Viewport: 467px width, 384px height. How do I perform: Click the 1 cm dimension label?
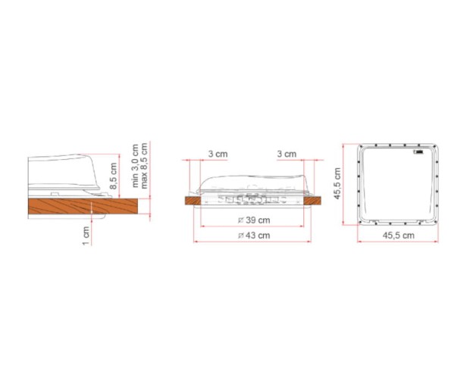(86, 236)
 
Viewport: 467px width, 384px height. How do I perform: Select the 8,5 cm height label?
(114, 176)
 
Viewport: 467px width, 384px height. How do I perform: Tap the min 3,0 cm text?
(135, 165)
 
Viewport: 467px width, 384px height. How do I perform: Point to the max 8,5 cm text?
(144, 166)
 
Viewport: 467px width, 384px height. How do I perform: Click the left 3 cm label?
(218, 154)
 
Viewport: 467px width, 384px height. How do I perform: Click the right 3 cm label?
(287, 154)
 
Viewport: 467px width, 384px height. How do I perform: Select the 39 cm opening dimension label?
(254, 220)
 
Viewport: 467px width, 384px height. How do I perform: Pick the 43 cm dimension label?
(254, 236)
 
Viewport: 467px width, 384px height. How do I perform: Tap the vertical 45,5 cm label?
(337, 183)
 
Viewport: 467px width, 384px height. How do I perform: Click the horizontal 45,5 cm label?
(399, 236)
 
